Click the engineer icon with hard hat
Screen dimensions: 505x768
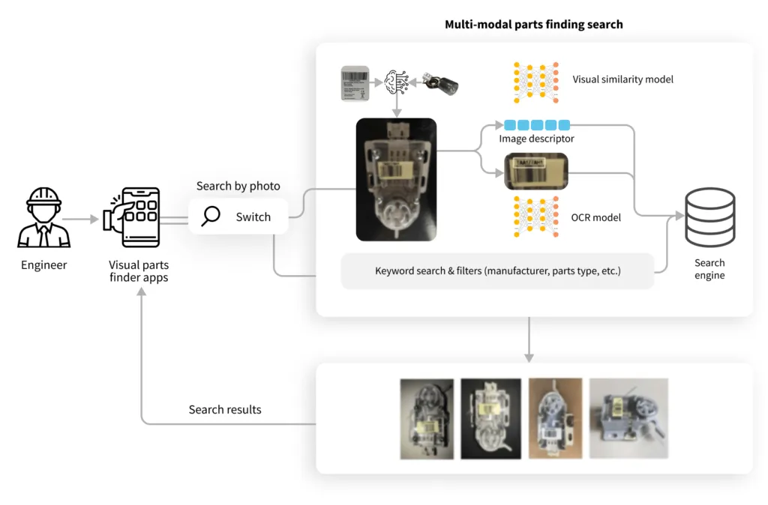[43, 218]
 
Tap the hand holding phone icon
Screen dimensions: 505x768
[133, 218]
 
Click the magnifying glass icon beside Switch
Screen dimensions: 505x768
[211, 217]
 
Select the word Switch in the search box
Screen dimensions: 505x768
[253, 217]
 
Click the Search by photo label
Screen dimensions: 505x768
[238, 186]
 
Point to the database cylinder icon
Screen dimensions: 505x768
[709, 217]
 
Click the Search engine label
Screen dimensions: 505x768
[709, 269]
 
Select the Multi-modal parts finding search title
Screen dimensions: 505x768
[533, 24]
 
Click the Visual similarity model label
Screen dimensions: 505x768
[622, 79]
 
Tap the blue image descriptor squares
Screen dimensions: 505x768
[536, 125]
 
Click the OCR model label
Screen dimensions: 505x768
[596, 217]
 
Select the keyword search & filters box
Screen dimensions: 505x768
[497, 270]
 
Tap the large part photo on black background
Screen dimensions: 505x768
[396, 180]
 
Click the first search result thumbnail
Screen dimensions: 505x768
[427, 418]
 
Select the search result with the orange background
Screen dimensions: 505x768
[555, 417]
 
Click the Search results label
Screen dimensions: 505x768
[225, 409]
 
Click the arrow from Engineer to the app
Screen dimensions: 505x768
[81, 220]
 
